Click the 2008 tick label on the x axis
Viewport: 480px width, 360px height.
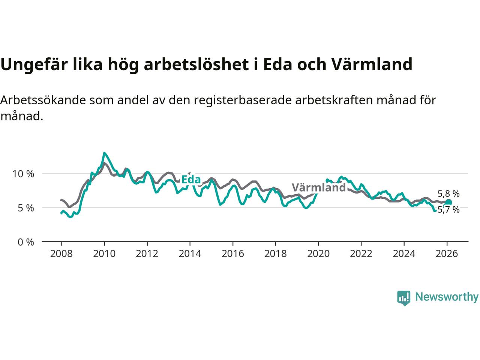click(61, 254)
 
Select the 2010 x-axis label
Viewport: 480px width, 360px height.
click(104, 254)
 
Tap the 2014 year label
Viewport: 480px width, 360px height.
click(190, 254)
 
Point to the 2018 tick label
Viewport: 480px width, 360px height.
click(275, 254)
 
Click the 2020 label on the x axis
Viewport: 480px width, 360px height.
click(318, 254)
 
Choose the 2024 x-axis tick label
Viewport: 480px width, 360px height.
click(404, 254)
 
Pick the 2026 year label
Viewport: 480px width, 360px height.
click(447, 254)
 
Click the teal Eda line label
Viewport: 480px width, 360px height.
click(191, 180)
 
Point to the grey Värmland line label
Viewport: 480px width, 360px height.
click(318, 187)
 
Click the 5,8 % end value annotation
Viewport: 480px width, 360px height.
click(448, 194)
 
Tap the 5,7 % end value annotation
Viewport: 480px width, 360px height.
click(448, 210)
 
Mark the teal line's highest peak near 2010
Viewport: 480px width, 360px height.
click(104, 153)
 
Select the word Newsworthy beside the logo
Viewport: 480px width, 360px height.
click(447, 297)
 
